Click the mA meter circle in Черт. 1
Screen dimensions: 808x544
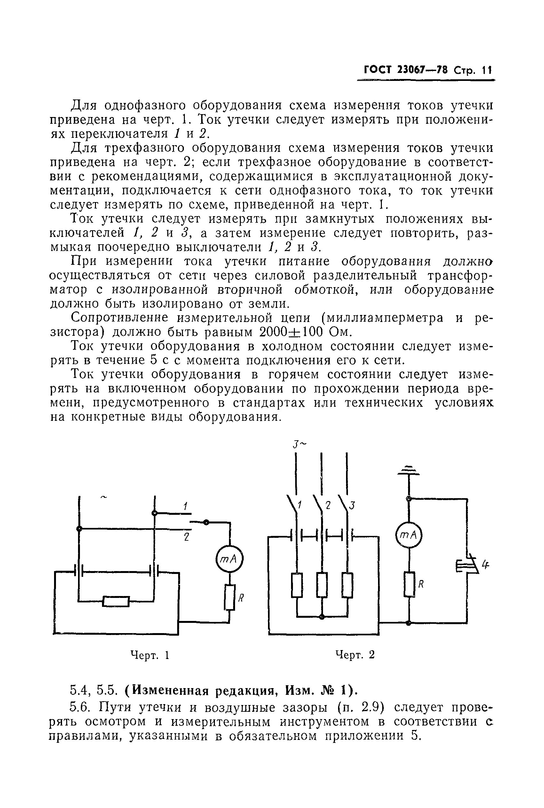tap(229, 558)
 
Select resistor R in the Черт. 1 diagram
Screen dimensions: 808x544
tap(230, 597)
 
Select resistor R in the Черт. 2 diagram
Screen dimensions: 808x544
tap(409, 584)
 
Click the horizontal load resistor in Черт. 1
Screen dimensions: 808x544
tap(116, 601)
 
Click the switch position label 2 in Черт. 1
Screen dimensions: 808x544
tap(186, 537)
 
